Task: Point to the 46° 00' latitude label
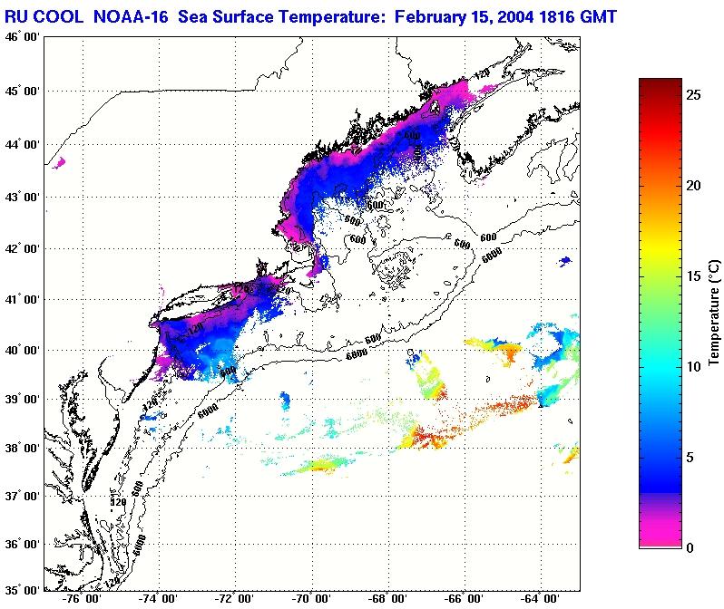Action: (x=22, y=36)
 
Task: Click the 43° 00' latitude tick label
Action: (x=22, y=197)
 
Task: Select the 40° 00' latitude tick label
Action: (x=22, y=350)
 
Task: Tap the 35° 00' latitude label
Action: (x=22, y=589)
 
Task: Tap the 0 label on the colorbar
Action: (x=691, y=547)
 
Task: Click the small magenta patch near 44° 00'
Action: (x=60, y=163)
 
